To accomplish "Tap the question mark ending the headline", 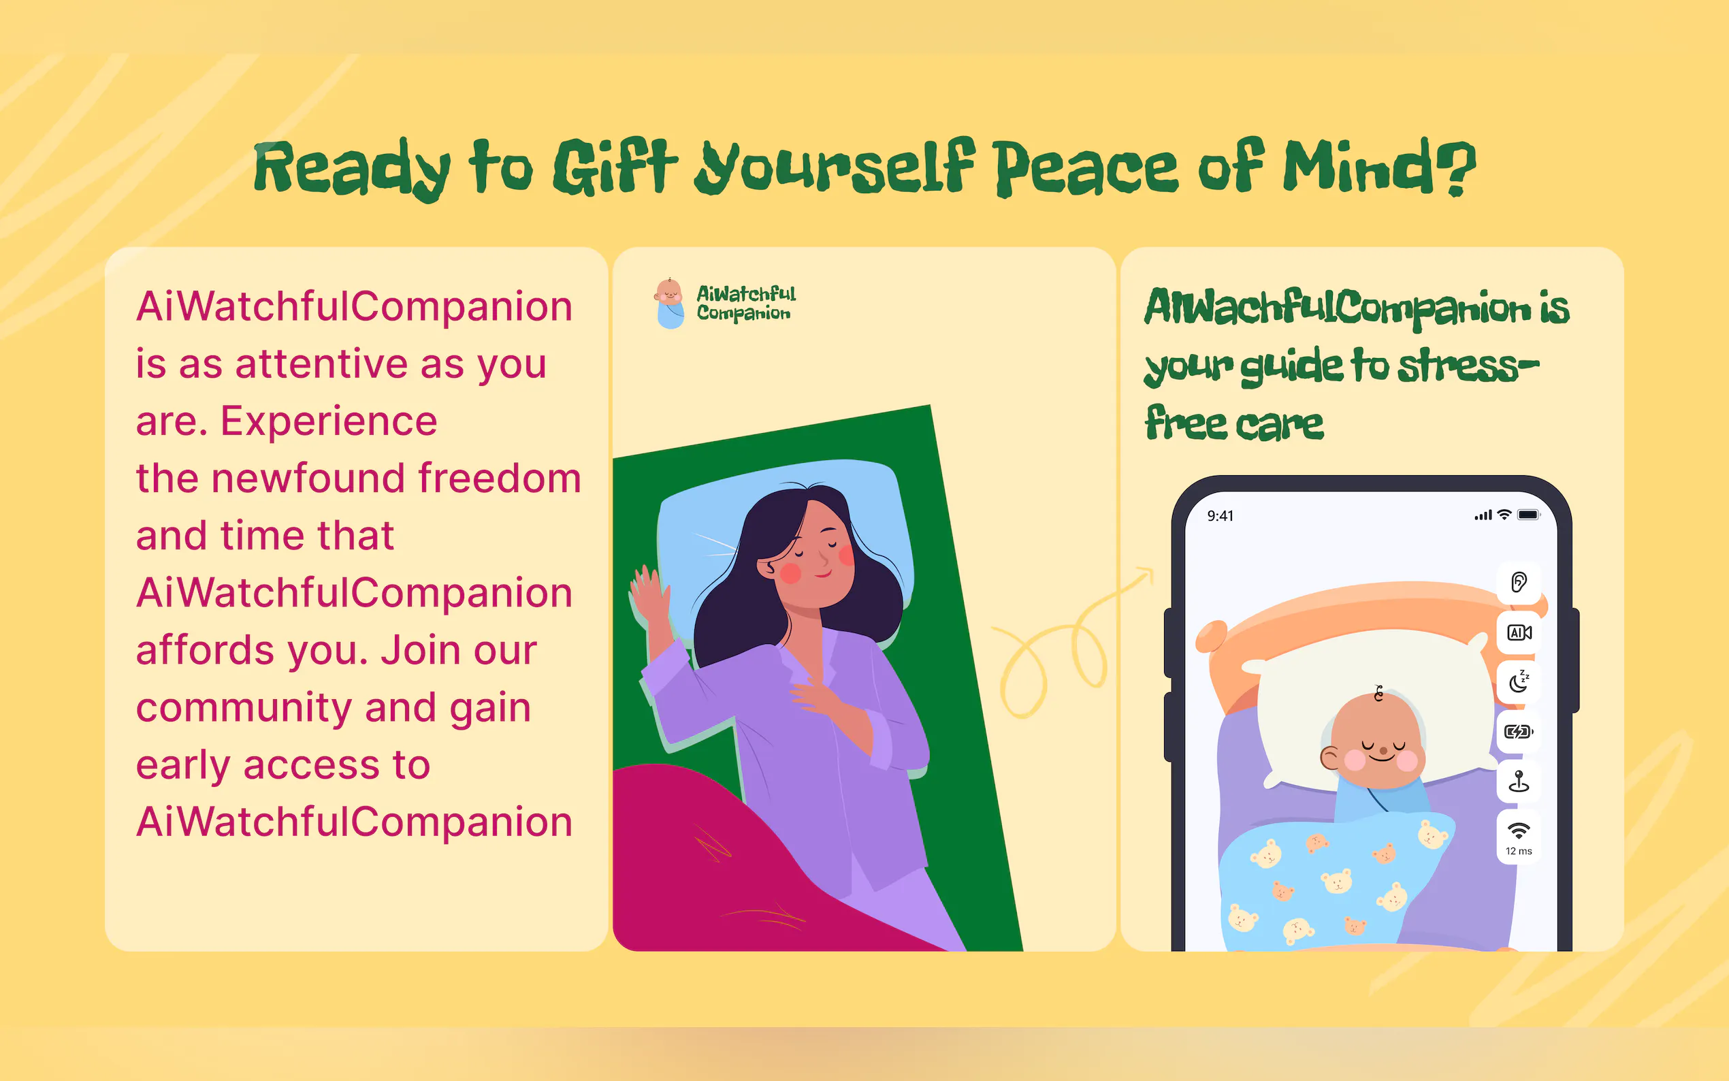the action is (x=1455, y=167).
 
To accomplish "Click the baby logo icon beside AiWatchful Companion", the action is (x=669, y=303).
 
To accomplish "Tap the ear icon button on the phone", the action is (x=1519, y=582).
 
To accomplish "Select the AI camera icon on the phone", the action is (x=1519, y=632).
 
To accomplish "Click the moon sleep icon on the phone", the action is (x=1519, y=682).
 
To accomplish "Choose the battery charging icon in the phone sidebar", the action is (x=1519, y=731).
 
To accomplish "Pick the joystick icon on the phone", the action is (x=1519, y=781).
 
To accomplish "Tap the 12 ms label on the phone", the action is (x=1519, y=851).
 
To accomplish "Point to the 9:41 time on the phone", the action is (x=1220, y=516).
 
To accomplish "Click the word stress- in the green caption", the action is (x=1468, y=366).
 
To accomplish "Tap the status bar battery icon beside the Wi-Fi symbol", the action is (x=1529, y=515).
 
